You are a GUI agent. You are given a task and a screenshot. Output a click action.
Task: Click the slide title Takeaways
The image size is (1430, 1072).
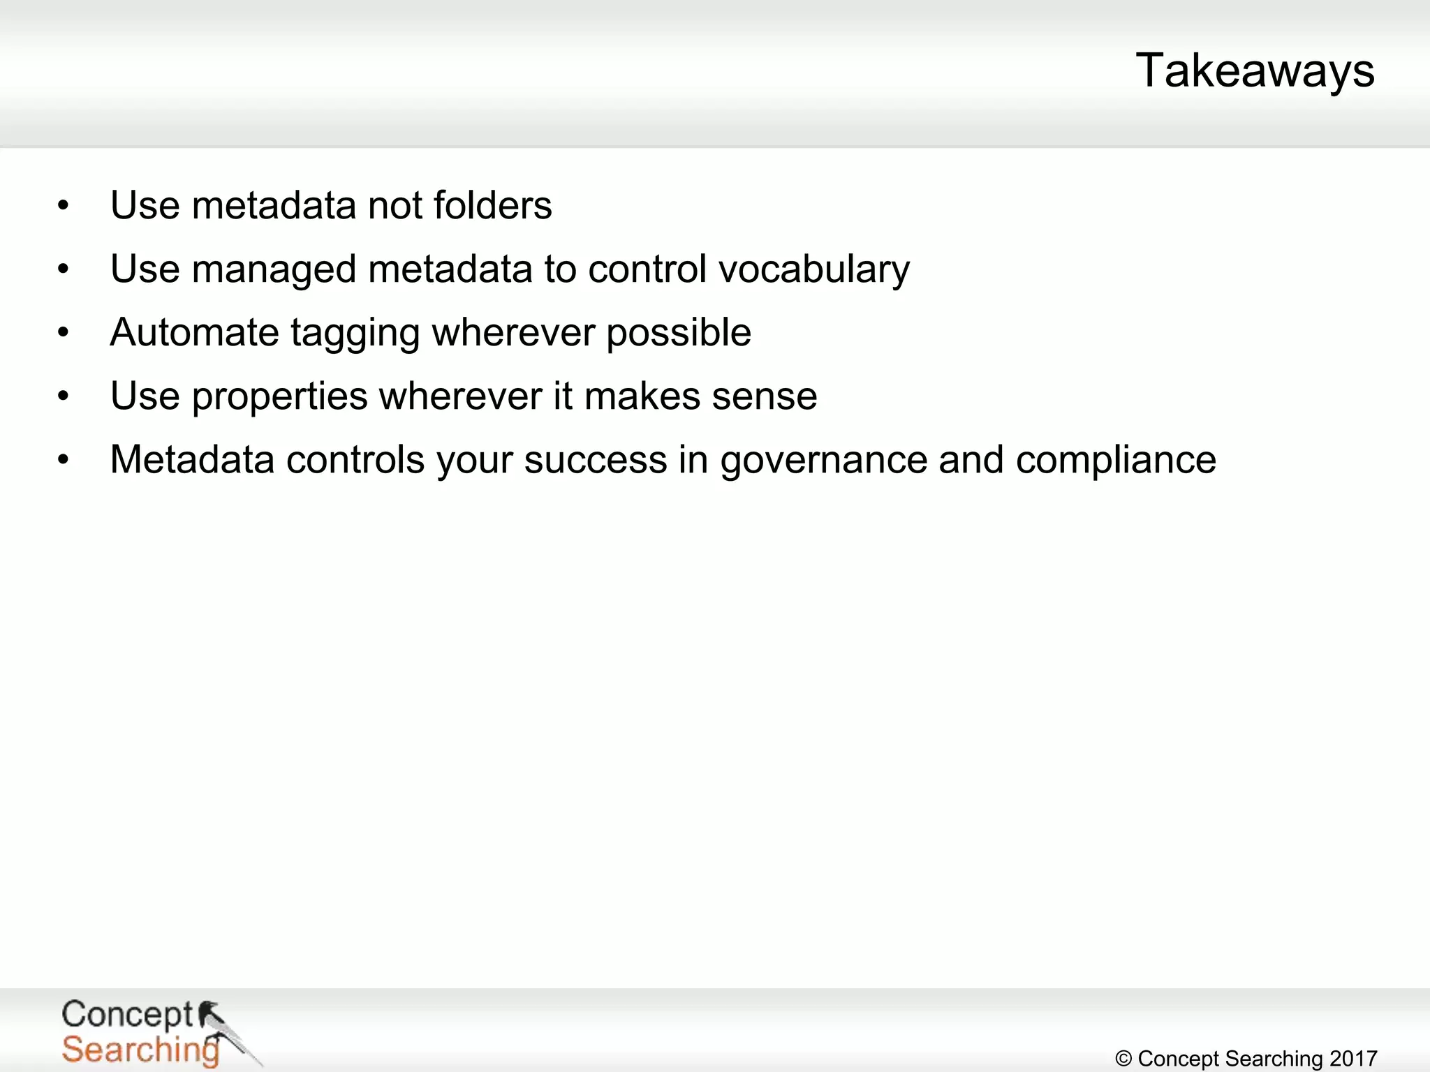[x=1255, y=71]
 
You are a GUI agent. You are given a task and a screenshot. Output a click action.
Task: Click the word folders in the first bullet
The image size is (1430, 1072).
[x=492, y=206]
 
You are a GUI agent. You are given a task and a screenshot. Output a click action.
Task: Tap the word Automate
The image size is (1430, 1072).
[x=194, y=332]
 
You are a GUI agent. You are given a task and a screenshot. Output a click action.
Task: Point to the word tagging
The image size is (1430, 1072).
[x=355, y=334]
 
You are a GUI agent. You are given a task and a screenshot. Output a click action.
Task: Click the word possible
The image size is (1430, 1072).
[x=678, y=334]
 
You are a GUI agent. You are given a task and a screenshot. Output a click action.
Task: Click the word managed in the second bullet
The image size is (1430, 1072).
[x=274, y=270]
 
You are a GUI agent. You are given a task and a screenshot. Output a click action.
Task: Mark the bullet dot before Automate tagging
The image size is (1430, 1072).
[x=64, y=333]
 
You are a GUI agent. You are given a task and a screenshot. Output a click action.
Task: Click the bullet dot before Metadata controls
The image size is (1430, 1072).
[x=64, y=460]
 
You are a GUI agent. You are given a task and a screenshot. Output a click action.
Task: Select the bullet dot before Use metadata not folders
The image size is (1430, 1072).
[x=64, y=206]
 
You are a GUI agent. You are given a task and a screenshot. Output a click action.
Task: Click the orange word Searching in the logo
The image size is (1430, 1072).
[x=140, y=1050]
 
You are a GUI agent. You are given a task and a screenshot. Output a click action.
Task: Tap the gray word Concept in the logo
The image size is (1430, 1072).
[x=126, y=1014]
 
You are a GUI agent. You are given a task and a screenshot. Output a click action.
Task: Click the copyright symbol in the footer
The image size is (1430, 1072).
[x=1123, y=1059]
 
